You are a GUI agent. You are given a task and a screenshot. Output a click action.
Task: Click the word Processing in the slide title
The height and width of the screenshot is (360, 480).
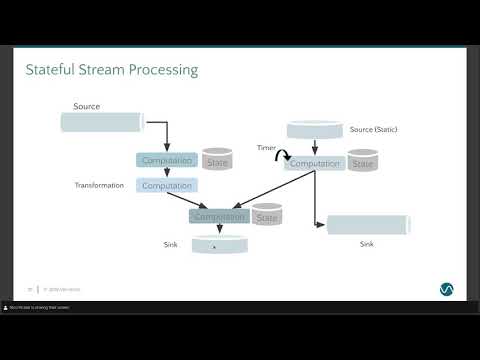click(x=160, y=70)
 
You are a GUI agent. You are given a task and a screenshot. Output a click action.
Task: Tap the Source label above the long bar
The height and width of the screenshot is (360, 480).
click(x=87, y=106)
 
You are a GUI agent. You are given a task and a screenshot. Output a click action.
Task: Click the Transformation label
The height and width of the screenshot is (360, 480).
click(x=99, y=185)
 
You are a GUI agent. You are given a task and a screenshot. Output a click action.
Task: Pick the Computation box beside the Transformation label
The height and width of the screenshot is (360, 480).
click(x=166, y=185)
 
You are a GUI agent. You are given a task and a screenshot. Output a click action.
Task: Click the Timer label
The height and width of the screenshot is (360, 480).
click(x=265, y=147)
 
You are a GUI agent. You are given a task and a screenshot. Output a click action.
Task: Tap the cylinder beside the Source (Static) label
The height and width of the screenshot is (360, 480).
click(x=315, y=130)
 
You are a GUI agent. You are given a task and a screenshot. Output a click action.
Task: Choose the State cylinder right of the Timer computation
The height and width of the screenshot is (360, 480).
click(x=363, y=162)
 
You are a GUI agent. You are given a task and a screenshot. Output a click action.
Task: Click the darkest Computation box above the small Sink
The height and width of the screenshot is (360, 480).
click(x=219, y=216)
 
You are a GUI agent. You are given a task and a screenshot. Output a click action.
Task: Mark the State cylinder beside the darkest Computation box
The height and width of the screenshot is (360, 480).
click(x=266, y=216)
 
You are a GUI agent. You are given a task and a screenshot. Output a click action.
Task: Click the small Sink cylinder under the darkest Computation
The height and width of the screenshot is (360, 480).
click(x=219, y=244)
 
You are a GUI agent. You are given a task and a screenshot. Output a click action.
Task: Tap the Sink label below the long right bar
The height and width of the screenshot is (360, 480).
click(x=367, y=243)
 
